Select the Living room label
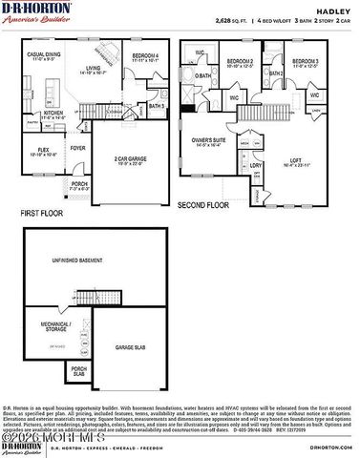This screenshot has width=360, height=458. click(93, 70)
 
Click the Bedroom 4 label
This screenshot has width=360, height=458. click(144, 57)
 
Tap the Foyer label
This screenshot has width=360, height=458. click(77, 148)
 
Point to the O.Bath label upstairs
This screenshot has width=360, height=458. click(203, 74)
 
